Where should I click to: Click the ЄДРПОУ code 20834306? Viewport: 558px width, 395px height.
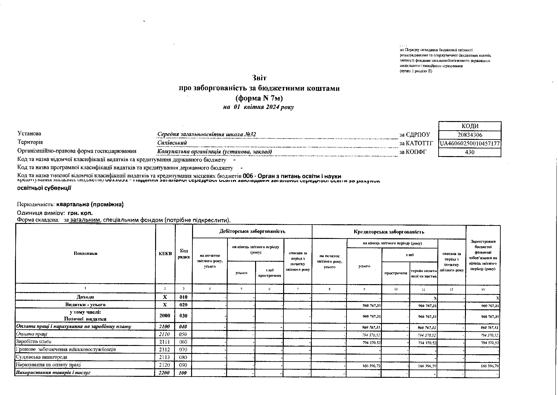(469, 135)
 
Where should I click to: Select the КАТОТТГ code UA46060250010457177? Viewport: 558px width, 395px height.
(470, 144)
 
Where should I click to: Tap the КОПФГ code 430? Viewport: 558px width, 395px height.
(469, 152)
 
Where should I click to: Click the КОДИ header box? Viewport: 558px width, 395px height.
(470, 126)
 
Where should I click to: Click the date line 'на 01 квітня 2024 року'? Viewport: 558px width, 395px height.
(258, 107)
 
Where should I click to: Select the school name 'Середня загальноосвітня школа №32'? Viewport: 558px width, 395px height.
(207, 134)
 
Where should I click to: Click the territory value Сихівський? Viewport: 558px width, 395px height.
(172, 143)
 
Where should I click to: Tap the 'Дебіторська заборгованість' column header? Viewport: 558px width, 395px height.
(252, 231)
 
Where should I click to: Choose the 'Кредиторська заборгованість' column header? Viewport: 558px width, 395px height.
(389, 232)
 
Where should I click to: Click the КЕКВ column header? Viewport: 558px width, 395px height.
(165, 254)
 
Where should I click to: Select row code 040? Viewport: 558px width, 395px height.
(183, 327)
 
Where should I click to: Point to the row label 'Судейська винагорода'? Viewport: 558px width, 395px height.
(41, 357)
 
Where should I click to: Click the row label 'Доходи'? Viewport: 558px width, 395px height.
(85, 297)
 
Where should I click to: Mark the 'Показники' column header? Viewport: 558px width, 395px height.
(85, 254)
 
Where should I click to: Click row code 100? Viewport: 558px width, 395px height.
(183, 373)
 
